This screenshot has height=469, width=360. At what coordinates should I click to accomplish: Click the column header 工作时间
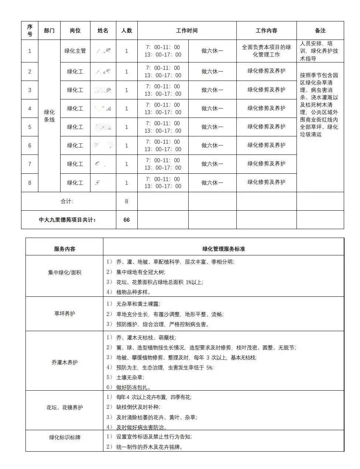(187, 31)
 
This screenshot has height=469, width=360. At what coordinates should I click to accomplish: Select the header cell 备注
(320, 31)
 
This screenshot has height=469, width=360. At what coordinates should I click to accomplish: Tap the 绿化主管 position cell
(75, 51)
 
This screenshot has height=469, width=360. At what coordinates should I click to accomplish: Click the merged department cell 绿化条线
(49, 116)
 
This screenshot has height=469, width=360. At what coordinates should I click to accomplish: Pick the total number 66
(127, 220)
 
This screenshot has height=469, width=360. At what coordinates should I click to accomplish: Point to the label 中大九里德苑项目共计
(68, 220)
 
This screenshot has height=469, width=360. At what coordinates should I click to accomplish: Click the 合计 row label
(67, 201)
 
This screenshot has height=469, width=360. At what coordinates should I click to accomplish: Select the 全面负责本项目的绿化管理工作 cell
(266, 51)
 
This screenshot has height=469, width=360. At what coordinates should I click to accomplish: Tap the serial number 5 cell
(30, 127)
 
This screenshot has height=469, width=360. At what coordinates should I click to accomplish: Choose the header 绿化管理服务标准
(223, 249)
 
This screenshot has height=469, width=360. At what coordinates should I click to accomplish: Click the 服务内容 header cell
(65, 249)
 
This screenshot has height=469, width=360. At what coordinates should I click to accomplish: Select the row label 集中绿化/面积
(65, 273)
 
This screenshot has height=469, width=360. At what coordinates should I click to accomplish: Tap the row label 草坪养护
(65, 313)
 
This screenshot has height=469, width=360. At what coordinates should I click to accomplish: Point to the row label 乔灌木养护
(65, 363)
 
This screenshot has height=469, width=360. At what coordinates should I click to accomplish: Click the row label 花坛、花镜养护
(65, 408)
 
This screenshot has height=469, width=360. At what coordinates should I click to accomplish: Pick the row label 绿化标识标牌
(65, 438)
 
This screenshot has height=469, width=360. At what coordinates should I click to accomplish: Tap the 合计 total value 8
(127, 201)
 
